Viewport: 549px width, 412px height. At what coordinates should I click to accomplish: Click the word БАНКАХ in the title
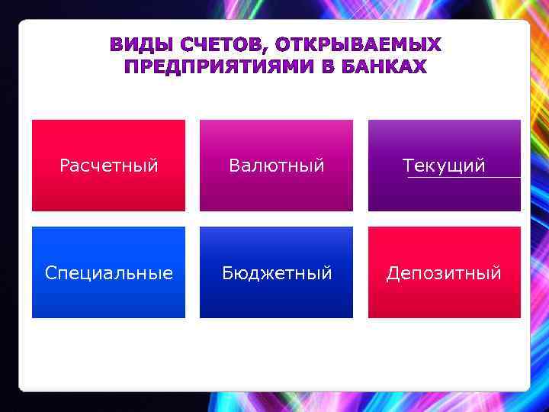coord(384,67)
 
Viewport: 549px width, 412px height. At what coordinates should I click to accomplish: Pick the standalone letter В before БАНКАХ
coord(327,67)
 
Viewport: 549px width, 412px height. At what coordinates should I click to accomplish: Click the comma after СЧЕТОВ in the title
coord(267,48)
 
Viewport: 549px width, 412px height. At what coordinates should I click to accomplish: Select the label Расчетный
coord(108,166)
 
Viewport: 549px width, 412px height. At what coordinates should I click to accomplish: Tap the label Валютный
coord(277,166)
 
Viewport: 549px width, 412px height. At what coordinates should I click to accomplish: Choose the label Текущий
coord(444,166)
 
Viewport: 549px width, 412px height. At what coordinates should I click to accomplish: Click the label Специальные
coord(108,272)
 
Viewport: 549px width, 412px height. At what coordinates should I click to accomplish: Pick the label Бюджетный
coord(277,272)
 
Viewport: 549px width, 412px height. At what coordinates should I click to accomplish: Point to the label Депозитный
coord(444,272)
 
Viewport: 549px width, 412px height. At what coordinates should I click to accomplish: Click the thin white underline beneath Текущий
coord(464,178)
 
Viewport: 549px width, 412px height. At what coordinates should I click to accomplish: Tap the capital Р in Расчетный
coord(64,166)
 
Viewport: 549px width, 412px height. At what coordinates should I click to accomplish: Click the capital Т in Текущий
coord(407,166)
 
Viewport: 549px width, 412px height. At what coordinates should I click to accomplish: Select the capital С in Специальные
coord(50,272)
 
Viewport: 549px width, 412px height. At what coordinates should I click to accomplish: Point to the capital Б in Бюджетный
coord(227,272)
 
